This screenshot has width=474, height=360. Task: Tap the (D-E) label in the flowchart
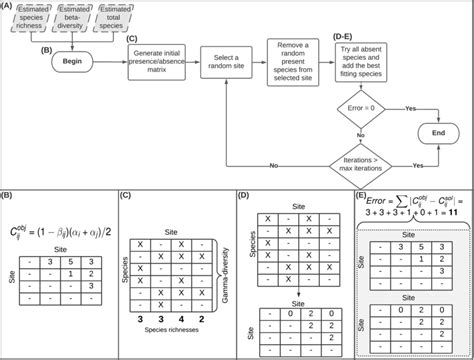[346, 37]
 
